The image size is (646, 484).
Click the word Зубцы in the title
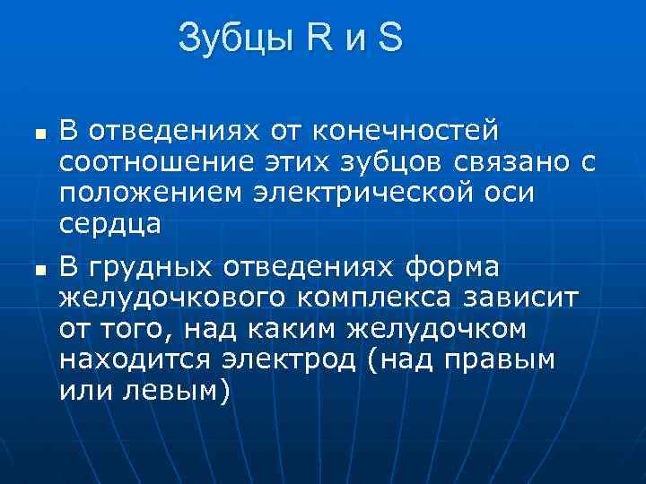(x=234, y=38)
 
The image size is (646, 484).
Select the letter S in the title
(x=392, y=38)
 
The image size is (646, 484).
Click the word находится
(x=130, y=360)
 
